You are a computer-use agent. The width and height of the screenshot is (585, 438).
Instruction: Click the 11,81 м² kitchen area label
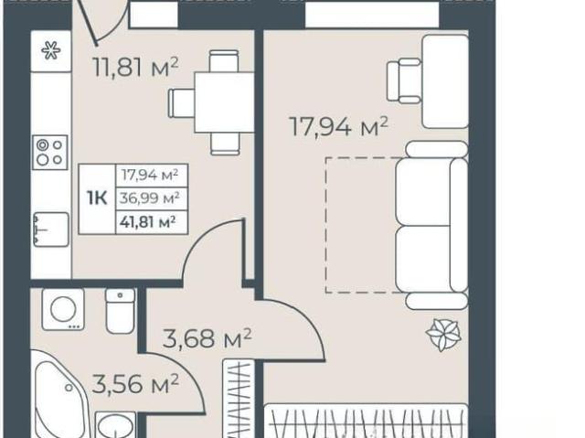pos(136,67)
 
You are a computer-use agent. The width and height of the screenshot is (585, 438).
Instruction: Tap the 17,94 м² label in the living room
pos(338,125)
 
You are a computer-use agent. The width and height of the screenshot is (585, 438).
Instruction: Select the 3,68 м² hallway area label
pos(207,337)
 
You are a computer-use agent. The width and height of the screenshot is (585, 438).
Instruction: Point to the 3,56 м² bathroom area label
pos(135,384)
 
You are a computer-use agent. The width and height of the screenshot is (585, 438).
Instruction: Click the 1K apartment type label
pos(97,198)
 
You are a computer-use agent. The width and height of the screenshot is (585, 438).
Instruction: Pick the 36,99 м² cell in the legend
pos(150,198)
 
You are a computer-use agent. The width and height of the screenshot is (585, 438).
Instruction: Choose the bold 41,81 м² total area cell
pos(148,222)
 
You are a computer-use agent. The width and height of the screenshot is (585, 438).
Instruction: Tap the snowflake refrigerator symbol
pos(51,50)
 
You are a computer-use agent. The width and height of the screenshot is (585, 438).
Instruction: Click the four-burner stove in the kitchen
pos(50,152)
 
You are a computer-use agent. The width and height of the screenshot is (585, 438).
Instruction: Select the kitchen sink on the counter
pos(51,230)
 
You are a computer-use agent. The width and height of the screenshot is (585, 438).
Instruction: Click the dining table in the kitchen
pos(224,102)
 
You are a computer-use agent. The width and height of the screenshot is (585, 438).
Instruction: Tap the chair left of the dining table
pos(181,103)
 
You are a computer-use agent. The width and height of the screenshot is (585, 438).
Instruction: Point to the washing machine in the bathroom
pos(63,309)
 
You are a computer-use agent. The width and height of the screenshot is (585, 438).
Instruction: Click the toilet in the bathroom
pos(120,310)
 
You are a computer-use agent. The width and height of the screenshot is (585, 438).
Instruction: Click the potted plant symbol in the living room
pos(443,335)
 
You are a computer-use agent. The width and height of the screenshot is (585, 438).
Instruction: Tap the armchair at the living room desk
pos(404,80)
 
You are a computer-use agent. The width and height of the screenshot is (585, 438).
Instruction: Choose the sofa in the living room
pos(431,225)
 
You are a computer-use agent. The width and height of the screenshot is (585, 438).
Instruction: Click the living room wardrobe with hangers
pos(367,422)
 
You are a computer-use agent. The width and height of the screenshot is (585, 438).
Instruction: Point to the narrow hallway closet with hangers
pos(239,399)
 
